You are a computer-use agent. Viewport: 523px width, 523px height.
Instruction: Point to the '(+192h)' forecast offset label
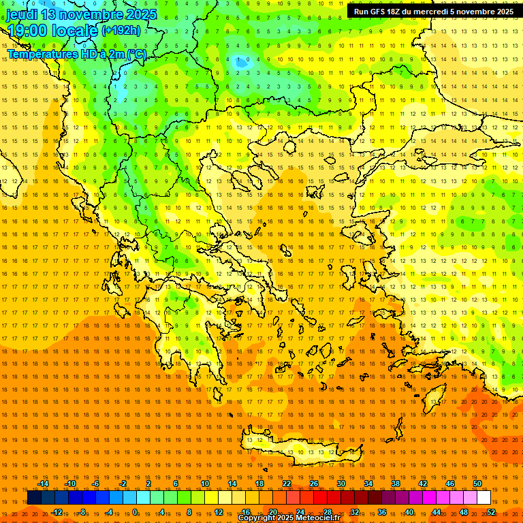click(121, 31)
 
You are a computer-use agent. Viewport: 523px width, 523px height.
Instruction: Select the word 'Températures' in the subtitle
click(41, 54)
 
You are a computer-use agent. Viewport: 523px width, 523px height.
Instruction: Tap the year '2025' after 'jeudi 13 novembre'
click(141, 14)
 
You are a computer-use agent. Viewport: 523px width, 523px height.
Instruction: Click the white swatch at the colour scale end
click(484, 498)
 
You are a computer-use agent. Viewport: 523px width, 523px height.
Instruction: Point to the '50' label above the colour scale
click(477, 484)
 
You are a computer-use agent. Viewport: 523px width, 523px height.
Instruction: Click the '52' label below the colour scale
click(490, 512)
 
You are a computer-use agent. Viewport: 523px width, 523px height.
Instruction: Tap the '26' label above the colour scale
click(314, 484)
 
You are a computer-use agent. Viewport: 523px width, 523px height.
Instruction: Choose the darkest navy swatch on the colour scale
click(34, 498)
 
